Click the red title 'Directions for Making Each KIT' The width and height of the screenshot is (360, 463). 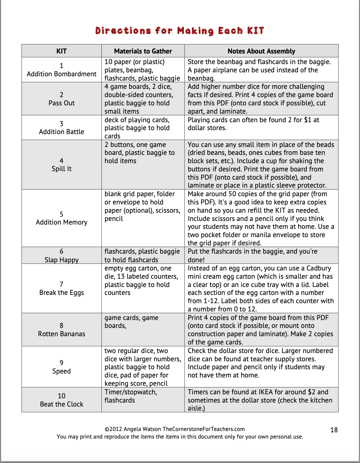pyautogui.click(x=180, y=31)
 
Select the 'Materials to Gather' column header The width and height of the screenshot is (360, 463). pyautogui.click(x=143, y=51)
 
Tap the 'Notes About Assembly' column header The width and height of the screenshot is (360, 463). pyautogui.click(x=261, y=51)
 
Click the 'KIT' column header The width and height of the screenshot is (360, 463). pyautogui.click(x=61, y=51)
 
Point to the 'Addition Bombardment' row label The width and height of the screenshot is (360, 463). pyautogui.click(x=61, y=74)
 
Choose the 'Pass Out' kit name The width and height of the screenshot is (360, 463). pyautogui.click(x=61, y=103)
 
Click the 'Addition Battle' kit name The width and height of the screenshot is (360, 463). pyautogui.click(x=61, y=132)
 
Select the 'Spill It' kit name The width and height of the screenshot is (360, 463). pyautogui.click(x=61, y=169)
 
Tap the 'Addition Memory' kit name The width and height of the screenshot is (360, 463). pyautogui.click(x=61, y=222)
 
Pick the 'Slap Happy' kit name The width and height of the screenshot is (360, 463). pyautogui.click(x=61, y=260)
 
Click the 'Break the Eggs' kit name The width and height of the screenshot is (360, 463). pyautogui.click(x=61, y=293)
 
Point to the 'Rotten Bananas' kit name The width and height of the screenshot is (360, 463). pyautogui.click(x=61, y=334)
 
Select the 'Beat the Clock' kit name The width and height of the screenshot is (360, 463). pyautogui.click(x=61, y=404)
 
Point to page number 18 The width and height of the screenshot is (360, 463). pyautogui.click(x=334, y=430)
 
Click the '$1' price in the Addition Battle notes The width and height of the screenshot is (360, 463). pyautogui.click(x=307, y=120)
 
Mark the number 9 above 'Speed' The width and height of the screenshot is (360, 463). pyautogui.click(x=61, y=363)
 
